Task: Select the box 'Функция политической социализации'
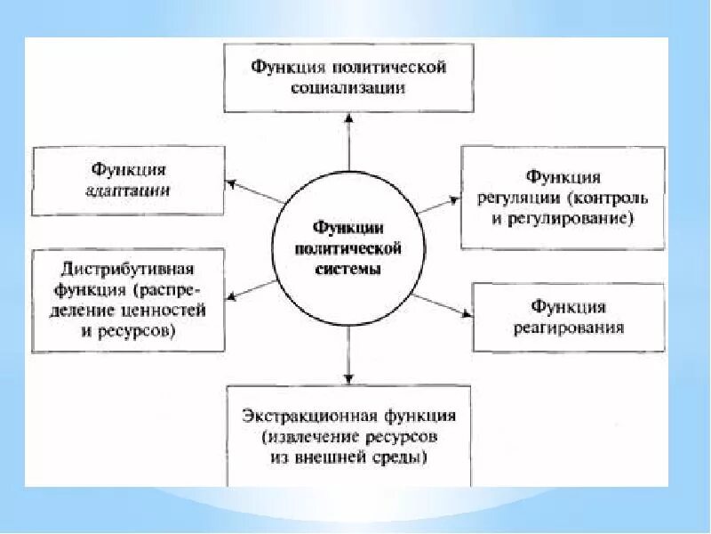348,77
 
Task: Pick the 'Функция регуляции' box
563,198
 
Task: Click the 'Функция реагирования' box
568,318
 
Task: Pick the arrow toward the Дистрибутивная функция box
253,291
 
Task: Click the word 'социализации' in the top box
348,88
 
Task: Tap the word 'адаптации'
129,190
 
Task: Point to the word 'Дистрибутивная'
129,268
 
